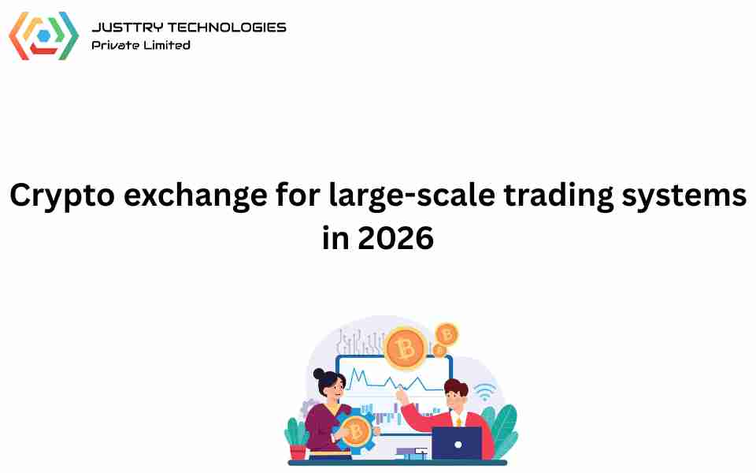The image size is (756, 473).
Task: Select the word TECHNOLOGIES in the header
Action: click(227, 28)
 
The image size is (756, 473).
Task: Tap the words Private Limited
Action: click(141, 45)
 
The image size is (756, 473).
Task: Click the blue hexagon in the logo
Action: click(44, 35)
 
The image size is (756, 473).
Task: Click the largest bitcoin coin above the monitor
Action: click(405, 348)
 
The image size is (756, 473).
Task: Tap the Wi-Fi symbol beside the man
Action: click(484, 392)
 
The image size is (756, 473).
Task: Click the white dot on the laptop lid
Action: click(458, 445)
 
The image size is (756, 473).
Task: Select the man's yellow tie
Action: click(458, 423)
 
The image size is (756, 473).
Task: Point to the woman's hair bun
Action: click(319, 374)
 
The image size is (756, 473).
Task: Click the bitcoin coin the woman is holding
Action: click(356, 431)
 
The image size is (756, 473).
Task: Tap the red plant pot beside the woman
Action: click(298, 453)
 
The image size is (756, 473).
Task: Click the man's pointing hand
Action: click(400, 394)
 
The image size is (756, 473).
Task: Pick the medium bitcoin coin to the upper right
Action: click(447, 334)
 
